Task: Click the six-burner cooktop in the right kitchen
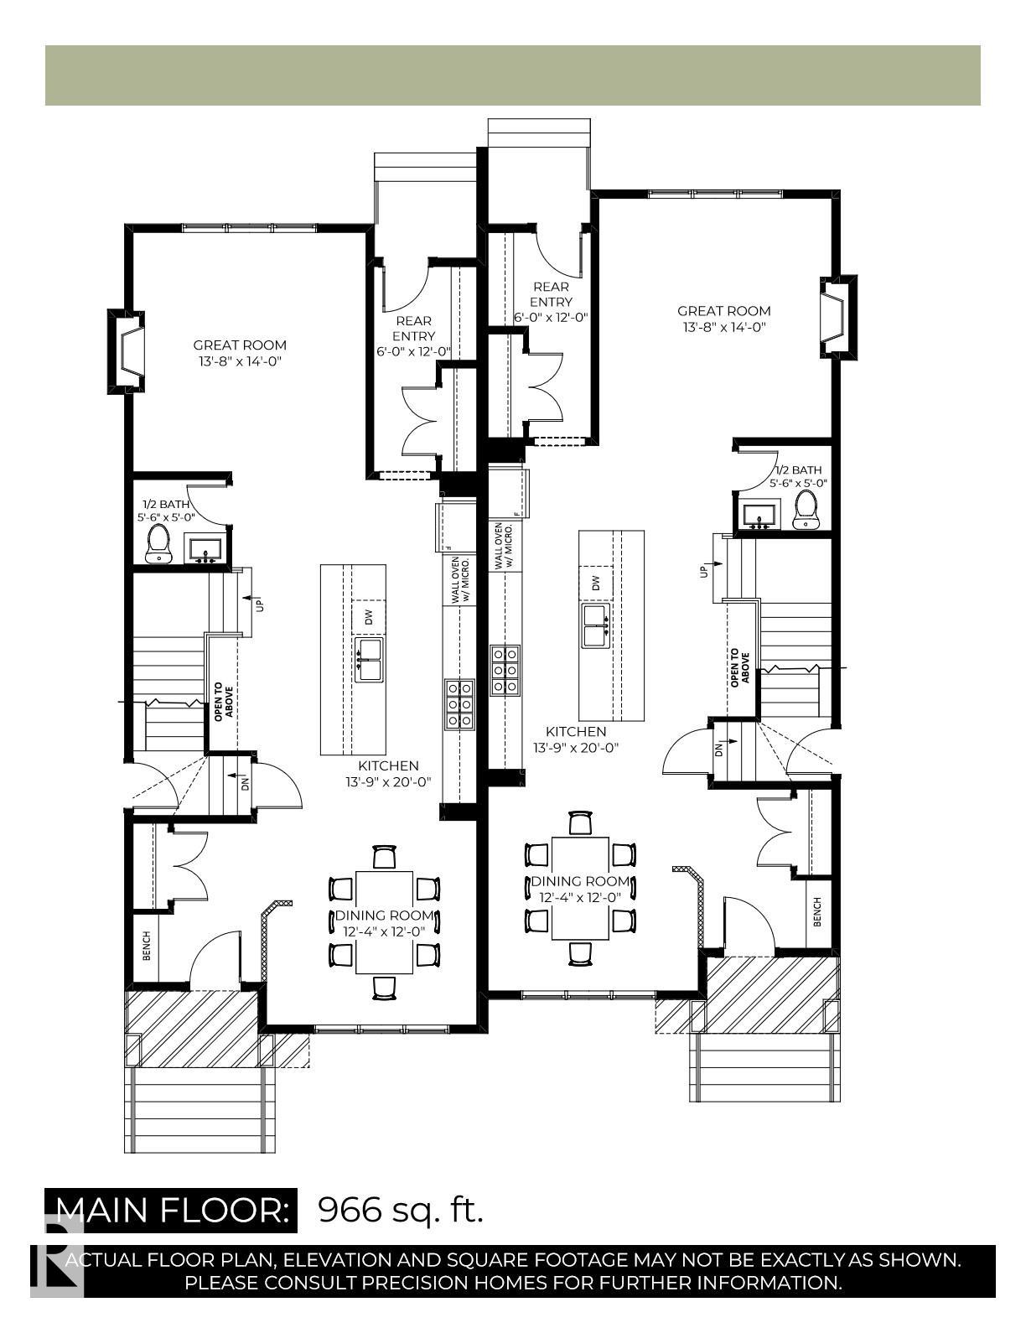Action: coord(505,669)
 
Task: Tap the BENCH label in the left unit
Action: coord(147,945)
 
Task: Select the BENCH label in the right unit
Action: coord(817,911)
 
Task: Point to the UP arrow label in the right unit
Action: coord(703,571)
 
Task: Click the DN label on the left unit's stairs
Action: coord(245,784)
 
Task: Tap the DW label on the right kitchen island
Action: coord(596,584)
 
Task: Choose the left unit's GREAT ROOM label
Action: coord(240,345)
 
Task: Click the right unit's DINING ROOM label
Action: coord(580,881)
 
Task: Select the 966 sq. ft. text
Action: coord(401,1210)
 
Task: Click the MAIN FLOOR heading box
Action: coord(171,1210)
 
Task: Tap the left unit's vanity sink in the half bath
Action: coord(205,551)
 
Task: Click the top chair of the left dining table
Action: coord(384,857)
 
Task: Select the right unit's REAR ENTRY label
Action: coord(551,294)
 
